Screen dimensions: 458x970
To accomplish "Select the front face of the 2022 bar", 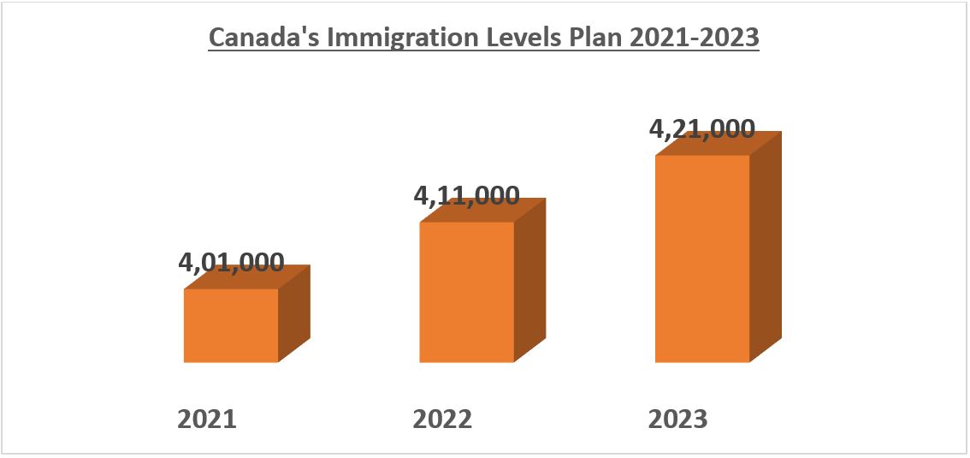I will click(466, 292).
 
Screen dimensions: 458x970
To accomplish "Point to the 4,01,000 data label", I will click(231, 263).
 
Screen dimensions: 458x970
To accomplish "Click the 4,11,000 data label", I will click(466, 195).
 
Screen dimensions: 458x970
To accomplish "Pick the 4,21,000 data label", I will click(702, 128).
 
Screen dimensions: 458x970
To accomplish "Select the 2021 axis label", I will click(206, 419).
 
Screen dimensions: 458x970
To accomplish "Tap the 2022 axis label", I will click(442, 419).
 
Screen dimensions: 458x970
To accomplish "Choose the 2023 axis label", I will click(678, 419).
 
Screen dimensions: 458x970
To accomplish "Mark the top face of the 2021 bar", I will click(248, 278).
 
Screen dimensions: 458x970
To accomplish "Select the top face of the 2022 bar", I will click(483, 211).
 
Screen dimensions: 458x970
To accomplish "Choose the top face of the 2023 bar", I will click(719, 144).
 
